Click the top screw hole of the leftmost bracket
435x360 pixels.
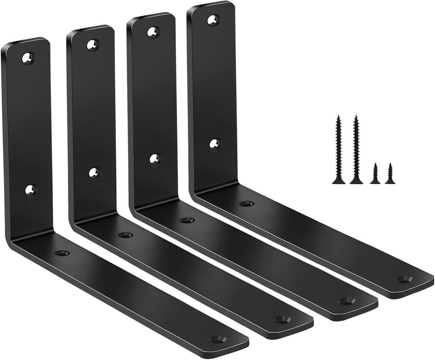[x=28, y=59]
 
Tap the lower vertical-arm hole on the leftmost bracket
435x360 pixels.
[x=31, y=189]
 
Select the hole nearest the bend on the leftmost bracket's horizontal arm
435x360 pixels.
[x=62, y=253]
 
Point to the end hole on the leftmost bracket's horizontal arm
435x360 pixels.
[x=218, y=339]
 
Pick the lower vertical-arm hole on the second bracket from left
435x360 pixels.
[x=94, y=174]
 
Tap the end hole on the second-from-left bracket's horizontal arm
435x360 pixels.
[x=282, y=320]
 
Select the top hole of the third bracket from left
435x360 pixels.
[x=153, y=32]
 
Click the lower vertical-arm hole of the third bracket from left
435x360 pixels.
[x=155, y=159]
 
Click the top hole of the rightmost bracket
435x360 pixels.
[x=213, y=19]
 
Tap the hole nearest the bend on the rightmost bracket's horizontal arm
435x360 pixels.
[x=247, y=204]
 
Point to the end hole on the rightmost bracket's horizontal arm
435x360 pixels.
[x=404, y=279]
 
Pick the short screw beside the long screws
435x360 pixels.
[x=375, y=174]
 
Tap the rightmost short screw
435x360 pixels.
[x=390, y=174]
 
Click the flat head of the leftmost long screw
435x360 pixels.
[x=339, y=182]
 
